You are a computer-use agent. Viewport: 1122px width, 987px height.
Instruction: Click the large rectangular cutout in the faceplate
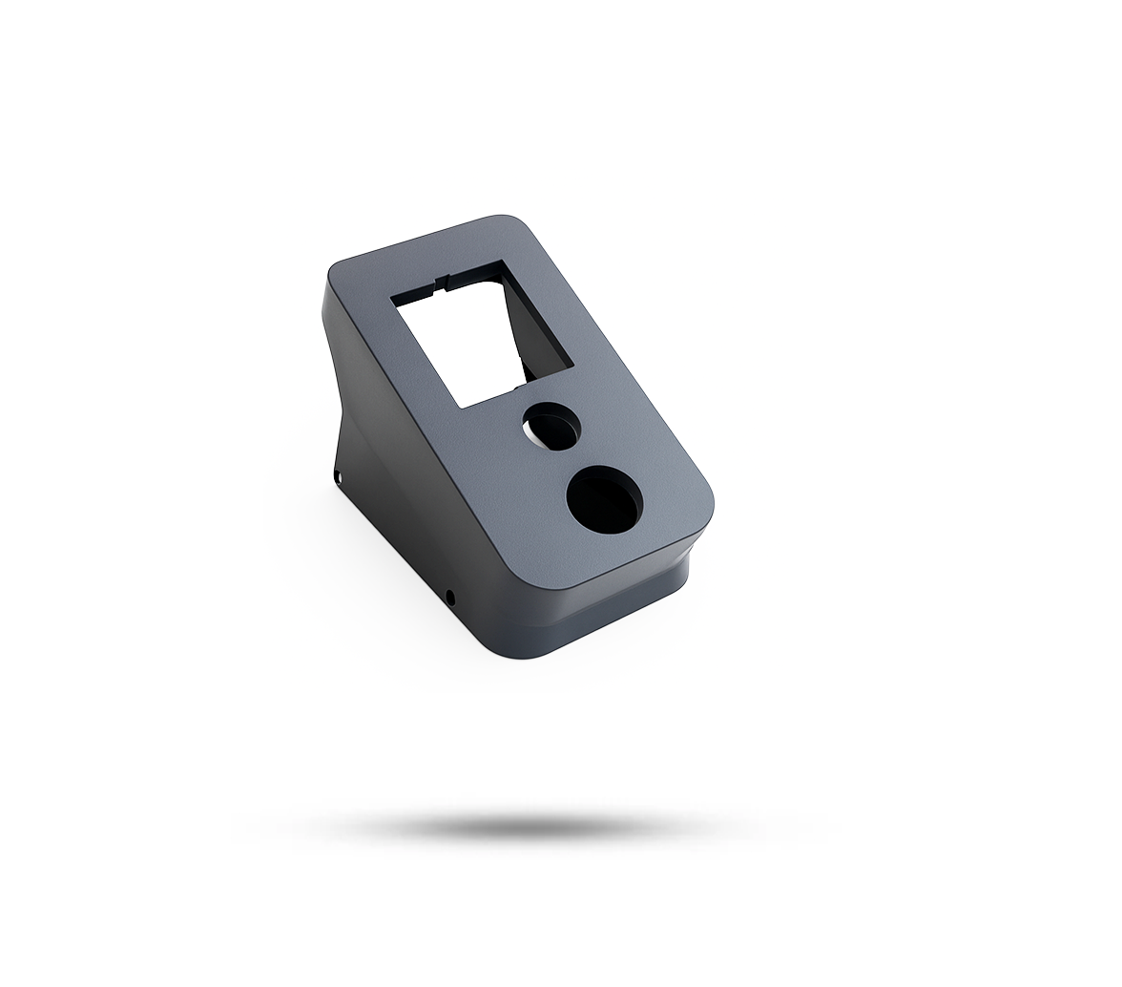tap(467, 344)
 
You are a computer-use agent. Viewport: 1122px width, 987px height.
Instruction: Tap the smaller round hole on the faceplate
tap(551, 425)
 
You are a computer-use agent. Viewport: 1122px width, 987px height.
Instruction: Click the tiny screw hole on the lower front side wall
tap(450, 598)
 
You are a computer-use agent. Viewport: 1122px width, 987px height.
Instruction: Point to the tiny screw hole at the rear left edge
tap(338, 474)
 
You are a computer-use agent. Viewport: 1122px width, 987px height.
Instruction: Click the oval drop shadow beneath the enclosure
tap(534, 826)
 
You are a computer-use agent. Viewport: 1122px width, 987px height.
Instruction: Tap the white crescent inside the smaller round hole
tap(531, 435)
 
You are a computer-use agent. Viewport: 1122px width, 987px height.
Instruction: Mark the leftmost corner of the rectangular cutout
tap(392, 300)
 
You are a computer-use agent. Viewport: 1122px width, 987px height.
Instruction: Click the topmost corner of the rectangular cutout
tap(501, 261)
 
